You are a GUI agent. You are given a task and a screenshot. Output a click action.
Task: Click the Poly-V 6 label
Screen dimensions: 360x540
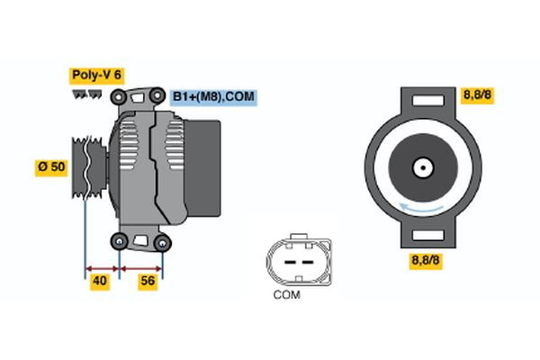pyautogui.click(x=95, y=75)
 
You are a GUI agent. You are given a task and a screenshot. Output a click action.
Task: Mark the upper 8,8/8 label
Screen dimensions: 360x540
pyautogui.click(x=476, y=95)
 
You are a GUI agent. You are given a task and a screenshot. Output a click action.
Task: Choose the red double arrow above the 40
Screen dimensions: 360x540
pyautogui.click(x=102, y=267)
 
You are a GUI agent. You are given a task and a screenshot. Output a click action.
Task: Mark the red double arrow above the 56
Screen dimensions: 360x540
pyautogui.click(x=141, y=267)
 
